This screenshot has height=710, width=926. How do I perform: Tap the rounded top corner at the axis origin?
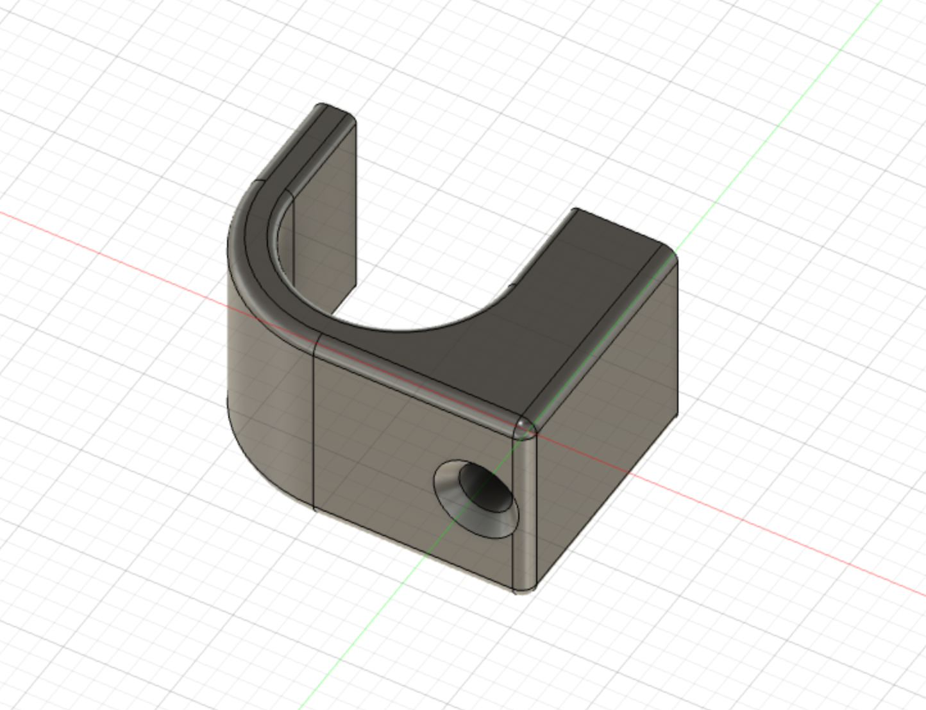pyautogui.click(x=525, y=426)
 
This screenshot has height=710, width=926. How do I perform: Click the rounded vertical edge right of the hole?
pyautogui.click(x=525, y=513)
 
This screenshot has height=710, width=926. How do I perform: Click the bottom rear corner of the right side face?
pyautogui.click(x=677, y=416)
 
